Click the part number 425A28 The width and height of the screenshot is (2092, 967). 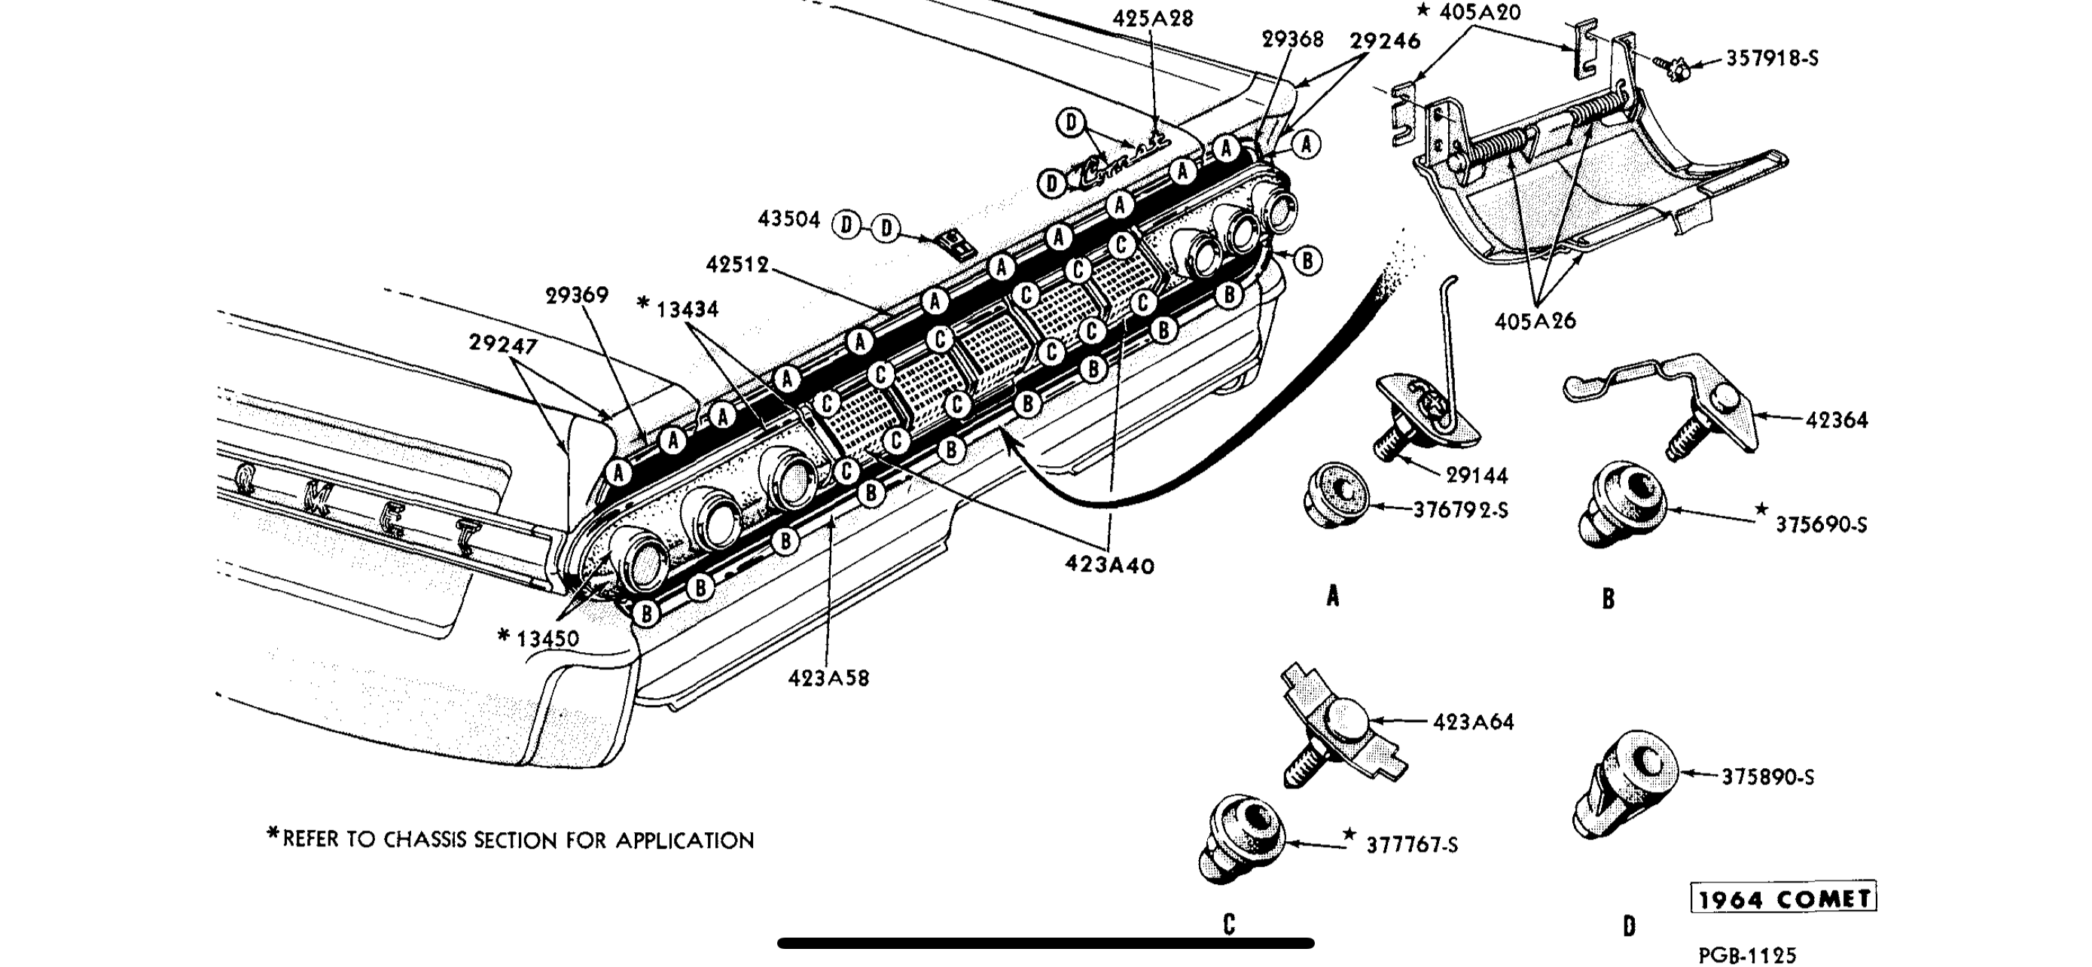[x=1152, y=19]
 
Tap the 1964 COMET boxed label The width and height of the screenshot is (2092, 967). [x=1783, y=898]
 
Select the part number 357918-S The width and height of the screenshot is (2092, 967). [x=1771, y=59]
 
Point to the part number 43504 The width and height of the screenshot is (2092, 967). [x=788, y=219]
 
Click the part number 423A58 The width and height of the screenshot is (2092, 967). [x=828, y=678]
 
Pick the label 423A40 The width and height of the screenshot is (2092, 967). [x=1109, y=565]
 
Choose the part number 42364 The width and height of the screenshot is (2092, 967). [x=1836, y=419]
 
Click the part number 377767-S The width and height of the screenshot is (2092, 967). [x=1411, y=845]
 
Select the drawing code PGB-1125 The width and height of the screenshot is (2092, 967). [x=1747, y=956]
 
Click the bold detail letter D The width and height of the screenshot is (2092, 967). [x=1628, y=926]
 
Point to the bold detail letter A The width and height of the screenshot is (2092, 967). [x=1332, y=597]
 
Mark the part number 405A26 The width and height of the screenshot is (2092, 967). [x=1535, y=322]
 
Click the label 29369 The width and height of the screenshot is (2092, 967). [x=577, y=294]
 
